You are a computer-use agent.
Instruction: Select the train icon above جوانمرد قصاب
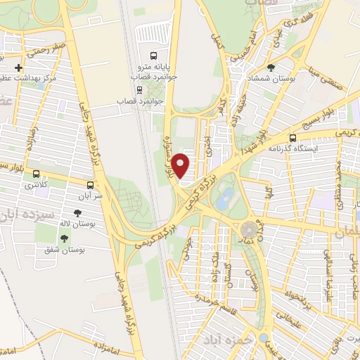139,89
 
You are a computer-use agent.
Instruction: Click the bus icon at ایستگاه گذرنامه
292,138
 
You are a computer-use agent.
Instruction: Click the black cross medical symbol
18,68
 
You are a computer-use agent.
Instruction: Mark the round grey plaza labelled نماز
249,229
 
